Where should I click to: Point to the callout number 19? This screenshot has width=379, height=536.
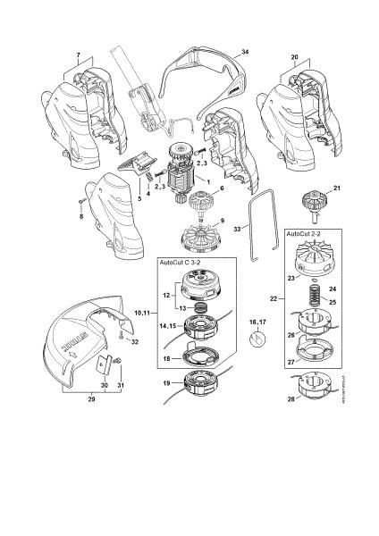(167, 383)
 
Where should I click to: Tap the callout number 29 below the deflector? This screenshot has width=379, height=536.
(90, 402)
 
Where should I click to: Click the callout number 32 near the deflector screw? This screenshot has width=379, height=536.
(135, 342)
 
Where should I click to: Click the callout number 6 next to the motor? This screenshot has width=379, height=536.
(221, 189)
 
